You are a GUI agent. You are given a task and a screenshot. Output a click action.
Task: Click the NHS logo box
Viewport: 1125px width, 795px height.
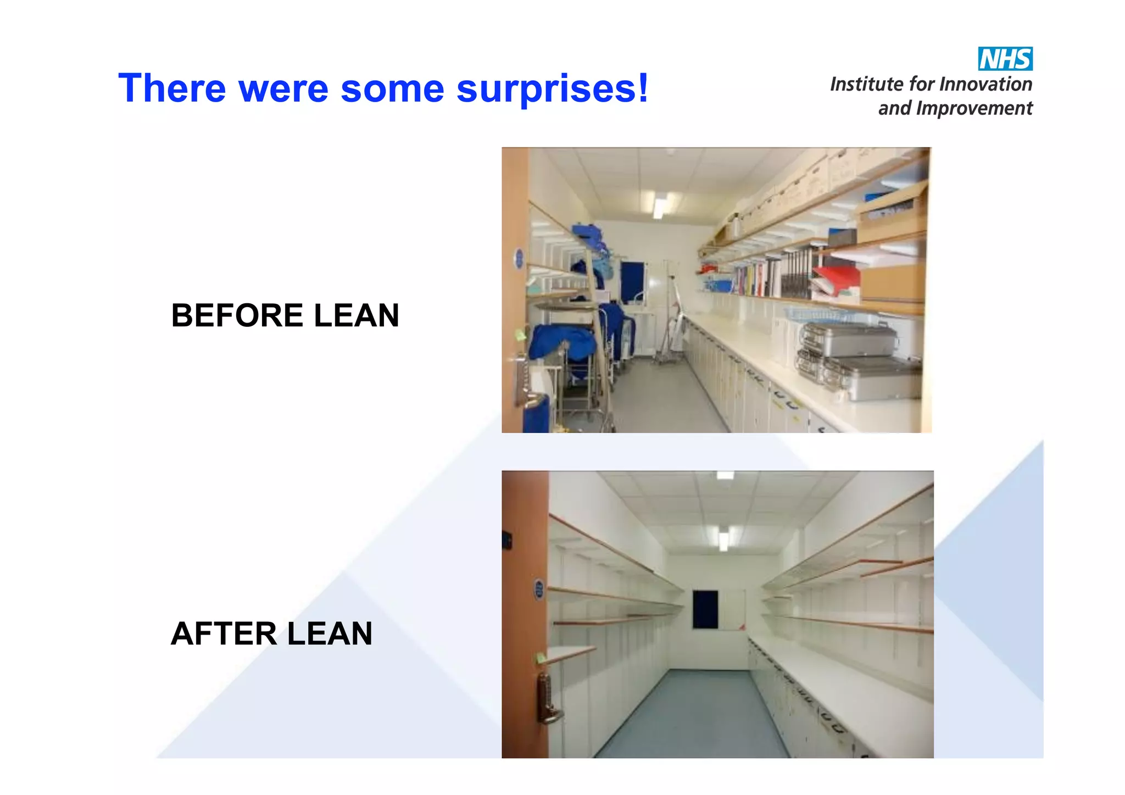pos(1005,59)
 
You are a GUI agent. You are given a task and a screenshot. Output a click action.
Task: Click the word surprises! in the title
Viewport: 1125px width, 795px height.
pos(553,88)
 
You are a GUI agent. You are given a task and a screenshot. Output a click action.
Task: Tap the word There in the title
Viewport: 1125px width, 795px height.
pos(172,88)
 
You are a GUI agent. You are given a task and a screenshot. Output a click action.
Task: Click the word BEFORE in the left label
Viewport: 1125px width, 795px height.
pos(237,315)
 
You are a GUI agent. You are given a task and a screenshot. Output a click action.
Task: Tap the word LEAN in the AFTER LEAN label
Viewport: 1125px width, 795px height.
pos(330,633)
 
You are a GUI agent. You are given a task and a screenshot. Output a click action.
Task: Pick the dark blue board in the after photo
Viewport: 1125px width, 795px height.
pos(705,609)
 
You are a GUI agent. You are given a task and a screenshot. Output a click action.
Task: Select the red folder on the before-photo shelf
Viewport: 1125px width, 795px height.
pos(836,277)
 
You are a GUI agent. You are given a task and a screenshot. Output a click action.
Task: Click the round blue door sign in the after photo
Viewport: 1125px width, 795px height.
pos(539,590)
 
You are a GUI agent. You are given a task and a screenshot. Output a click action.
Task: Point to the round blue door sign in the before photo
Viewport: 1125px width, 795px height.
pos(518,258)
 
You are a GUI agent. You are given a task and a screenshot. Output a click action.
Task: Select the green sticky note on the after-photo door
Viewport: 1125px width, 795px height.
pos(541,657)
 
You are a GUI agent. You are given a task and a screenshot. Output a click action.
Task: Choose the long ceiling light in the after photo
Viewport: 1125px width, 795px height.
pos(723,539)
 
